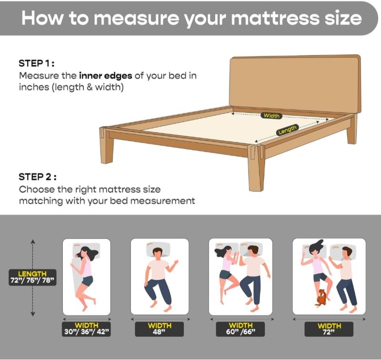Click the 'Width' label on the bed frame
pyautogui.click(x=271, y=116)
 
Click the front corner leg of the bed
pyautogui.click(x=257, y=168)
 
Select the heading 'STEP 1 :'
pyautogui.click(x=37, y=63)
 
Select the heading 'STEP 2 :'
pyautogui.click(x=38, y=177)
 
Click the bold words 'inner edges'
pyautogui.click(x=106, y=76)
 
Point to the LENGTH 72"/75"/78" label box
pyautogui.click(x=33, y=278)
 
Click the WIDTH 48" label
pyautogui.click(x=160, y=329)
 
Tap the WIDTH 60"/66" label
pyautogui.click(x=241, y=329)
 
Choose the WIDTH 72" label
pyautogui.click(x=329, y=329)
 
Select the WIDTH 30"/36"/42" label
pyautogui.click(x=87, y=329)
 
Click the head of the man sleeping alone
pyautogui.click(x=158, y=253)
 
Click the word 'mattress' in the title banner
pyautogui.click(x=275, y=18)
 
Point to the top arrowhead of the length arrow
pyautogui.click(x=33, y=241)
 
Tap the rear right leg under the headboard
pyautogui.click(x=351, y=130)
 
